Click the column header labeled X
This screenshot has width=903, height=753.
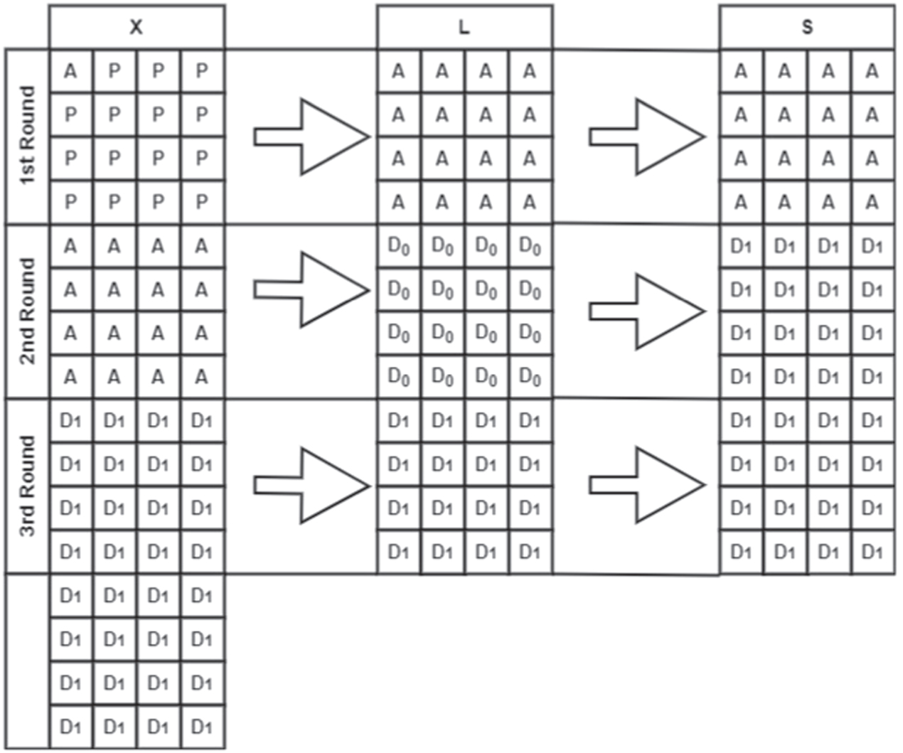click(x=137, y=27)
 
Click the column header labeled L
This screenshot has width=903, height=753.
click(x=464, y=27)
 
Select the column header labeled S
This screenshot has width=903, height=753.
click(x=807, y=27)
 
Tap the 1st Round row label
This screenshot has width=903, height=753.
click(x=27, y=136)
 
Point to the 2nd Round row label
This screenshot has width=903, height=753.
click(x=27, y=311)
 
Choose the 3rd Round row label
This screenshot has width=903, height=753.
click(x=27, y=486)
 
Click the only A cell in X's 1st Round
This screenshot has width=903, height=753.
click(x=70, y=71)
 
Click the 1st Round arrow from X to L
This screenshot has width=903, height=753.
click(x=313, y=137)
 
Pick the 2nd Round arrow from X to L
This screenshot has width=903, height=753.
click(x=313, y=289)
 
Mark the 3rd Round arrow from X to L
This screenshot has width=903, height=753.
click(x=313, y=486)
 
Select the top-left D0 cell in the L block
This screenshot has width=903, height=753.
click(x=398, y=247)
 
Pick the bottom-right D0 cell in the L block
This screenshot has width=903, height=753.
click(x=530, y=378)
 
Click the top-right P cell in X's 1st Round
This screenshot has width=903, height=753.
click(x=202, y=71)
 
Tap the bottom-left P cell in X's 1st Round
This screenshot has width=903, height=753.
click(x=70, y=202)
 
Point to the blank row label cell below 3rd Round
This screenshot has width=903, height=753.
click(x=27, y=661)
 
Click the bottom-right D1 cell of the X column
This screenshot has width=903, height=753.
click(x=202, y=727)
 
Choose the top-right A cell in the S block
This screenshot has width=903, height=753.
click(x=872, y=71)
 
